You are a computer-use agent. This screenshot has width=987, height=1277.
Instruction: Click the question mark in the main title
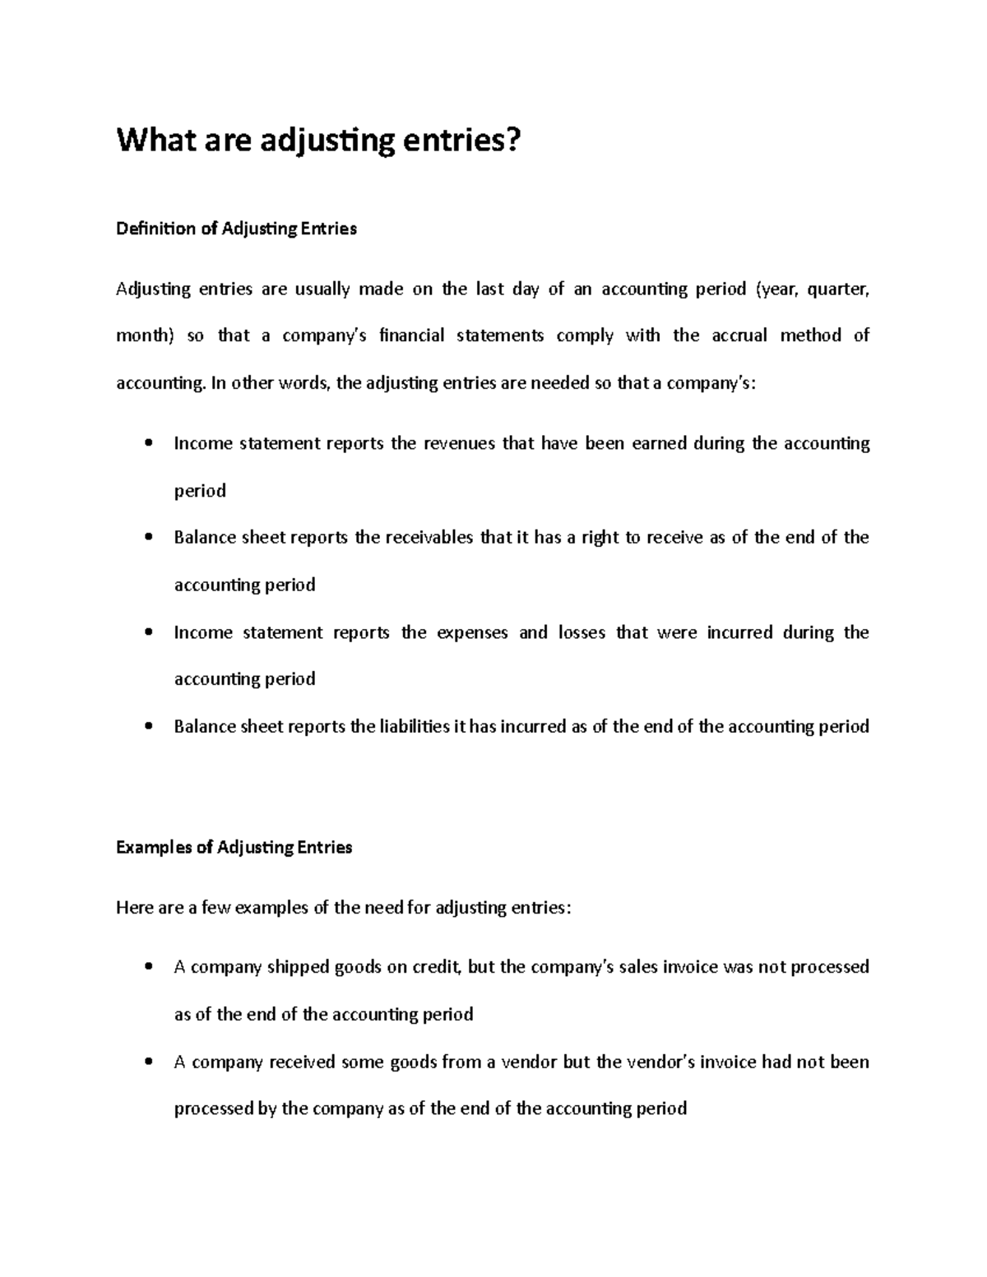click(x=513, y=141)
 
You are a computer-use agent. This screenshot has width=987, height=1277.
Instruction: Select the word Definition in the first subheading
click(x=155, y=229)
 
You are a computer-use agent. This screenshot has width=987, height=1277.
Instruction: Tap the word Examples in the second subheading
click(x=154, y=847)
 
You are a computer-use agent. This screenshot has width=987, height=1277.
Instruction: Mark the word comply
click(x=585, y=335)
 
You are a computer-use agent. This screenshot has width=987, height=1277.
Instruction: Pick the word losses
click(x=582, y=632)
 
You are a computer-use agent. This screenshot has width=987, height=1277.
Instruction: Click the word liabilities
click(x=415, y=726)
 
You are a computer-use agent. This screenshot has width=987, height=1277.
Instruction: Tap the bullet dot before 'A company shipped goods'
click(x=148, y=968)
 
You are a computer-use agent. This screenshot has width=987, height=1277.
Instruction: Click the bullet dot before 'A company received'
click(x=148, y=1062)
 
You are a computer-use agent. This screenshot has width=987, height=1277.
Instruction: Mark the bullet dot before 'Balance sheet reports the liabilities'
click(x=148, y=727)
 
